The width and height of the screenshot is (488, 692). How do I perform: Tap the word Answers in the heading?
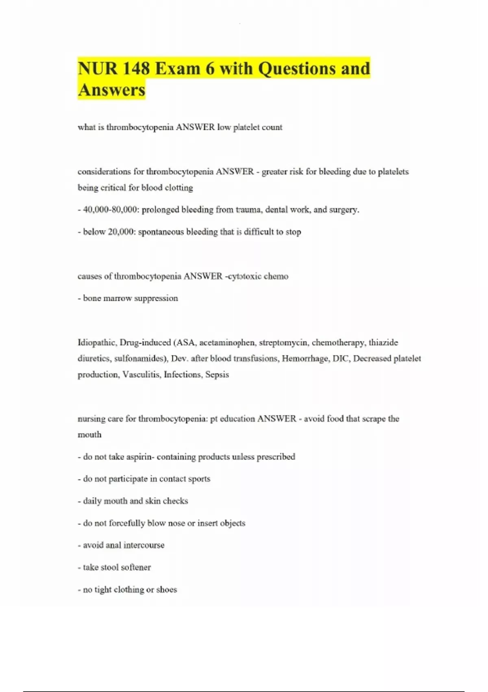tap(111, 90)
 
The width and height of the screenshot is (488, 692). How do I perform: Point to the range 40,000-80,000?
tap(109, 210)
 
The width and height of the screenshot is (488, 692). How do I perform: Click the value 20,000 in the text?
tap(121, 232)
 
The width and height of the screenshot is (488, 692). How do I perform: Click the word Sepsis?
tap(217, 374)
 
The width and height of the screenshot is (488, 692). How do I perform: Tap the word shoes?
tap(166, 590)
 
